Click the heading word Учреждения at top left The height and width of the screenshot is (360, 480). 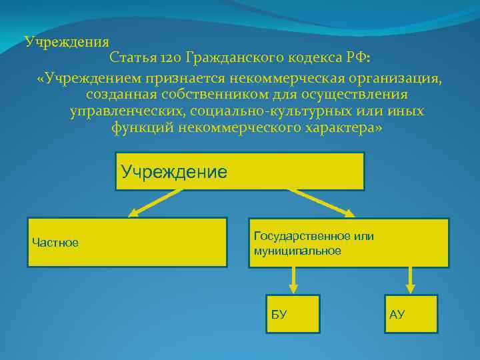pyautogui.click(x=67, y=41)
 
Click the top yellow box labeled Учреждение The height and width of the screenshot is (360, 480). pyautogui.click(x=239, y=171)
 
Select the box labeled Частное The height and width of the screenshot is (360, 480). pyautogui.click(x=127, y=242)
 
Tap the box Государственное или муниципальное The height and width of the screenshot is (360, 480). pyautogui.click(x=349, y=243)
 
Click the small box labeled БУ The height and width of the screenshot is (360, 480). pyautogui.click(x=292, y=313)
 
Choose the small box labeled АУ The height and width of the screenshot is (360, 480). pyautogui.click(x=411, y=313)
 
